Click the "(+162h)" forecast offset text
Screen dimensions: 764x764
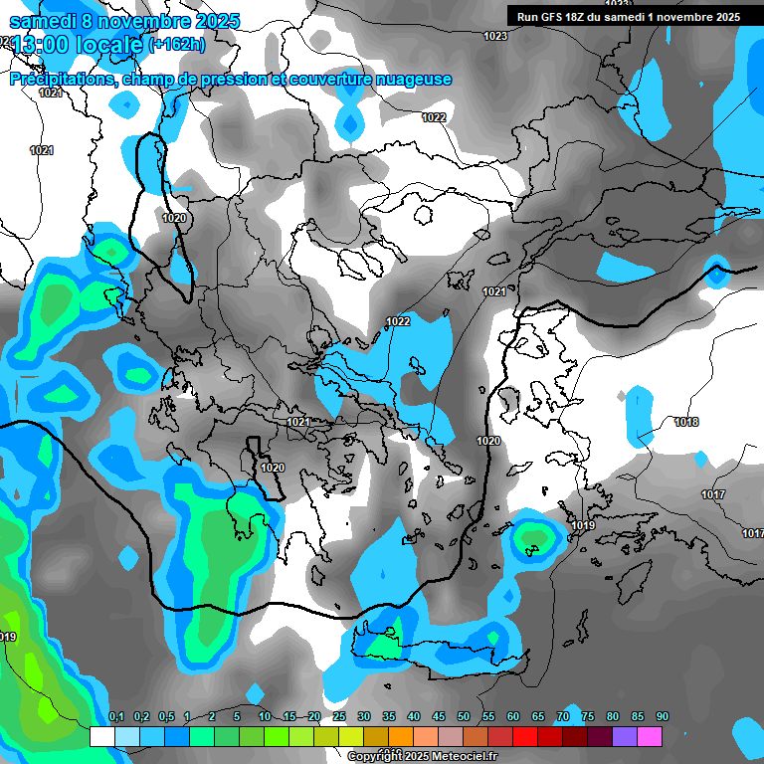tap(176, 44)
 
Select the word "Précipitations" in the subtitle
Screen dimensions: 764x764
tap(63, 80)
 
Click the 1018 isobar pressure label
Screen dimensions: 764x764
tap(686, 422)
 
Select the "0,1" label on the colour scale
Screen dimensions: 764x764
tap(115, 717)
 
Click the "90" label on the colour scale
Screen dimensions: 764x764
tap(663, 717)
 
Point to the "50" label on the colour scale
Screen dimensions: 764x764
tap(464, 717)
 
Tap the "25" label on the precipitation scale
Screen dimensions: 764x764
tap(339, 717)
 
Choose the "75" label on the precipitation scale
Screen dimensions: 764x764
tap(588, 717)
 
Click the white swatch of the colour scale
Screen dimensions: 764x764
tap(101, 736)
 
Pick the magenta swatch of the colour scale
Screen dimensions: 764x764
tap(650, 736)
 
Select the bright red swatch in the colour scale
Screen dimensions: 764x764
tap(525, 736)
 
